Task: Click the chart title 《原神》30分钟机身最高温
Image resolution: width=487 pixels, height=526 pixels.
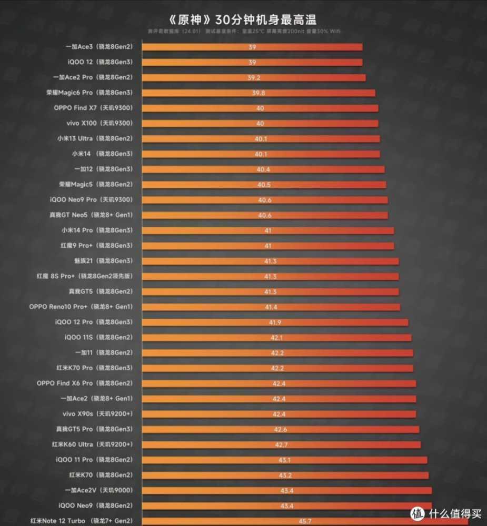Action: (243, 19)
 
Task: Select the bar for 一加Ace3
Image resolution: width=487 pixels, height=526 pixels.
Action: (253, 47)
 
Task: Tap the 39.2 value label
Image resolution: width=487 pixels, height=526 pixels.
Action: (256, 77)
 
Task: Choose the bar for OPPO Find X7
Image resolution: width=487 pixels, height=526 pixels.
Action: (261, 108)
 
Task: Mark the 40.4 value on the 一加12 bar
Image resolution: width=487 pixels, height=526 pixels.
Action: (263, 169)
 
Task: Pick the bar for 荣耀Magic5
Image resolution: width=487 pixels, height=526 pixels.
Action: (264, 185)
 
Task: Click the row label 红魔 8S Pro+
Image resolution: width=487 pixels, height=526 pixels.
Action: (84, 276)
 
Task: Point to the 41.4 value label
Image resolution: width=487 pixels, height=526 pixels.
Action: (271, 307)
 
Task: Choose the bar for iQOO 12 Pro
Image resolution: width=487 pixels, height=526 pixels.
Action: (275, 322)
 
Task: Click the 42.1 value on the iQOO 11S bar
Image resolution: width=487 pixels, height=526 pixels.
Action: (277, 337)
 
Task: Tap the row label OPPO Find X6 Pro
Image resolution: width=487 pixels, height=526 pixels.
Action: (85, 383)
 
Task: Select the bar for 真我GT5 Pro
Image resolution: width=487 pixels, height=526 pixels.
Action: (281, 429)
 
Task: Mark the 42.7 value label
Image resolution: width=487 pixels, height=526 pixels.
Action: (282, 444)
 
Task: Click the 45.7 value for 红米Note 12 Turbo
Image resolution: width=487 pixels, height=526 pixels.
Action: (291, 521)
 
